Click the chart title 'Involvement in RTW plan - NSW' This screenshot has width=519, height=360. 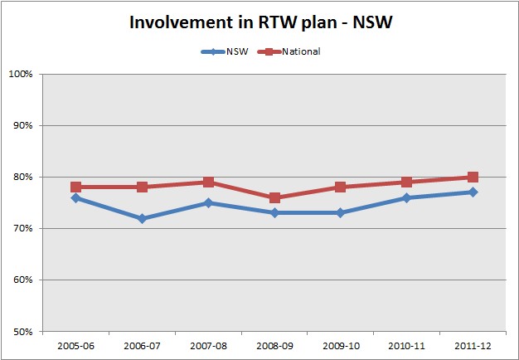pos(259,22)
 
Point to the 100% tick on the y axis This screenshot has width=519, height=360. pos(21,75)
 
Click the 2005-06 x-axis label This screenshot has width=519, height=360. pos(75,344)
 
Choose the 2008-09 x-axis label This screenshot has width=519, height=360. pos(274,344)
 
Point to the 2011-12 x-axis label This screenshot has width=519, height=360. pos(473,344)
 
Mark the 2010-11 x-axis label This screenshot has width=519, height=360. pos(406,344)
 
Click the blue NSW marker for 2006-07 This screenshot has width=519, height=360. pos(142,218)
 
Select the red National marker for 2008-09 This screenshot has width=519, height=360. pos(274,197)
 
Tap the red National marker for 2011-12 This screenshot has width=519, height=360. pos(473,177)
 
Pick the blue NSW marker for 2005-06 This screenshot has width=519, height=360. pos(75,197)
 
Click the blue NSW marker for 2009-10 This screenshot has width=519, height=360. pos(340,213)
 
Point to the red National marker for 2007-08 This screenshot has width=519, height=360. pos(208,182)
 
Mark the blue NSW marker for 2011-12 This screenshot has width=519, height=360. pos(473,192)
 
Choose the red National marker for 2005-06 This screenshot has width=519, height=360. pos(75,187)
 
